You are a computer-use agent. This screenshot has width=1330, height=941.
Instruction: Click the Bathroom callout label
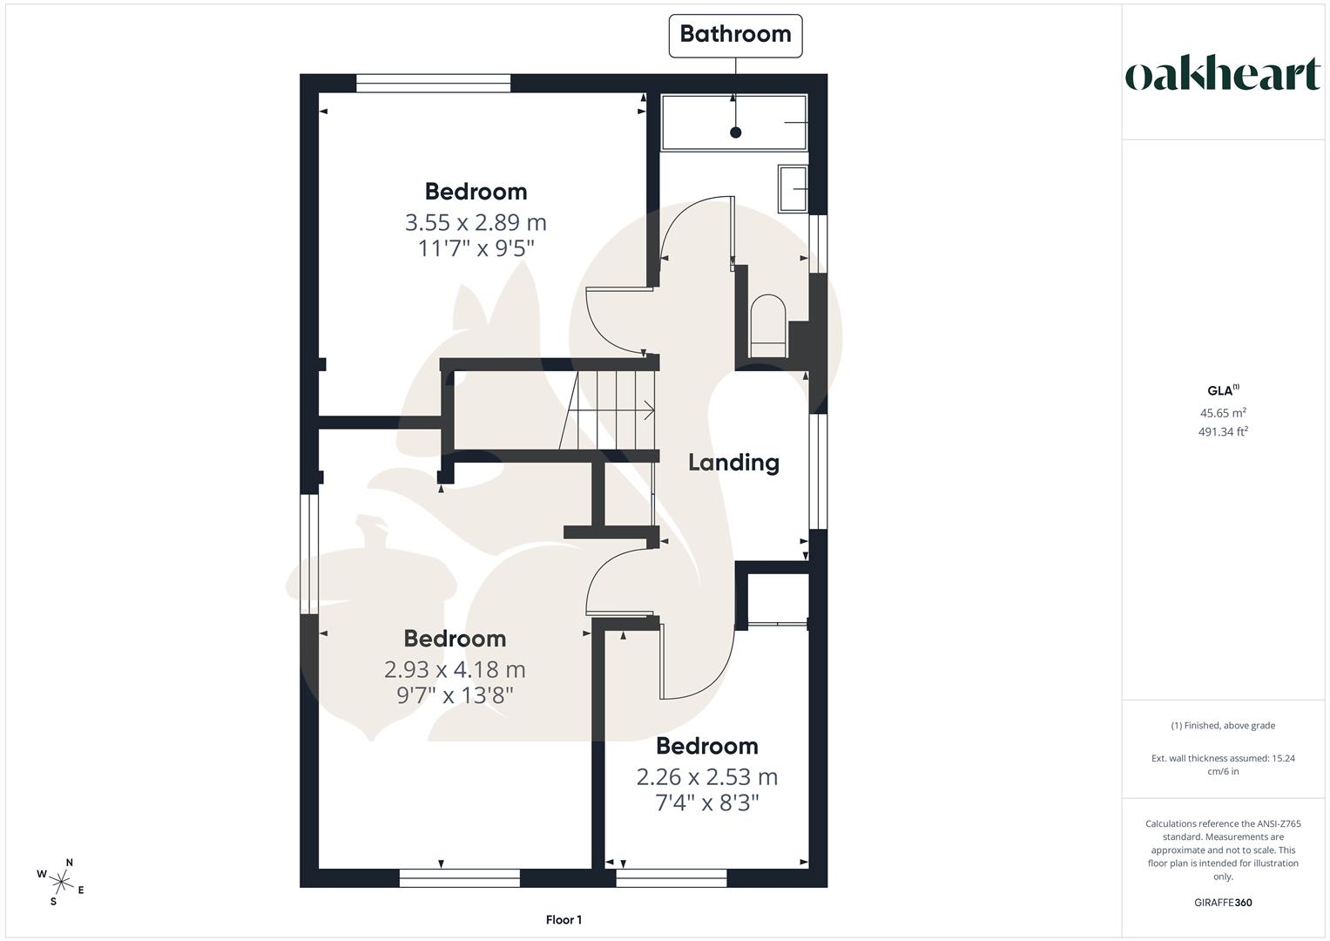735,35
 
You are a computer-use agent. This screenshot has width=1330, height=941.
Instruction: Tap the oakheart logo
1222,75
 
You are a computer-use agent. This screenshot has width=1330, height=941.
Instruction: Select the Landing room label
733,463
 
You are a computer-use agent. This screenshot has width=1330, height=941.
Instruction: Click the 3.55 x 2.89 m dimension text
476,222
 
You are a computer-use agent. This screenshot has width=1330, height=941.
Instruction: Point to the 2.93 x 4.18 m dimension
455,669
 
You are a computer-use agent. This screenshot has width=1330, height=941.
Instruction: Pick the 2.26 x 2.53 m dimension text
707,776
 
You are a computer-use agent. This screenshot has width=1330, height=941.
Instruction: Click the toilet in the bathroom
767,325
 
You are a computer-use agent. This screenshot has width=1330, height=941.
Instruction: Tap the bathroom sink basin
793,188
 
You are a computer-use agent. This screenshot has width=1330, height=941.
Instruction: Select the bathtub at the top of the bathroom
734,123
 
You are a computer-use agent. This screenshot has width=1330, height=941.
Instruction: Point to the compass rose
61,881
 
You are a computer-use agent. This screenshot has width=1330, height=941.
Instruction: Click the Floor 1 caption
564,920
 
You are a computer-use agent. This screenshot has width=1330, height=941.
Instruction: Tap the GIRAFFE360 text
1223,903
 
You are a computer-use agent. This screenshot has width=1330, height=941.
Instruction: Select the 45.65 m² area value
1223,413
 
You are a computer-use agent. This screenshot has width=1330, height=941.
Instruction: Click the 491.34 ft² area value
1223,431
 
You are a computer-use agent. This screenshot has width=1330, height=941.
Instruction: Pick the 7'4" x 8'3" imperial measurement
707,802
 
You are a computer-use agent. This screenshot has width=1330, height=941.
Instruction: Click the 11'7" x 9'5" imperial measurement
476,248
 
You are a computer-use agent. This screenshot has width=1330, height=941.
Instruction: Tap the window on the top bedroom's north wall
433,84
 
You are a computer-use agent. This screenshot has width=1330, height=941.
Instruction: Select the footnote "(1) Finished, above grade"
1223,726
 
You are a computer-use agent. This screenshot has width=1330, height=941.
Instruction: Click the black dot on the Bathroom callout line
736,132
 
